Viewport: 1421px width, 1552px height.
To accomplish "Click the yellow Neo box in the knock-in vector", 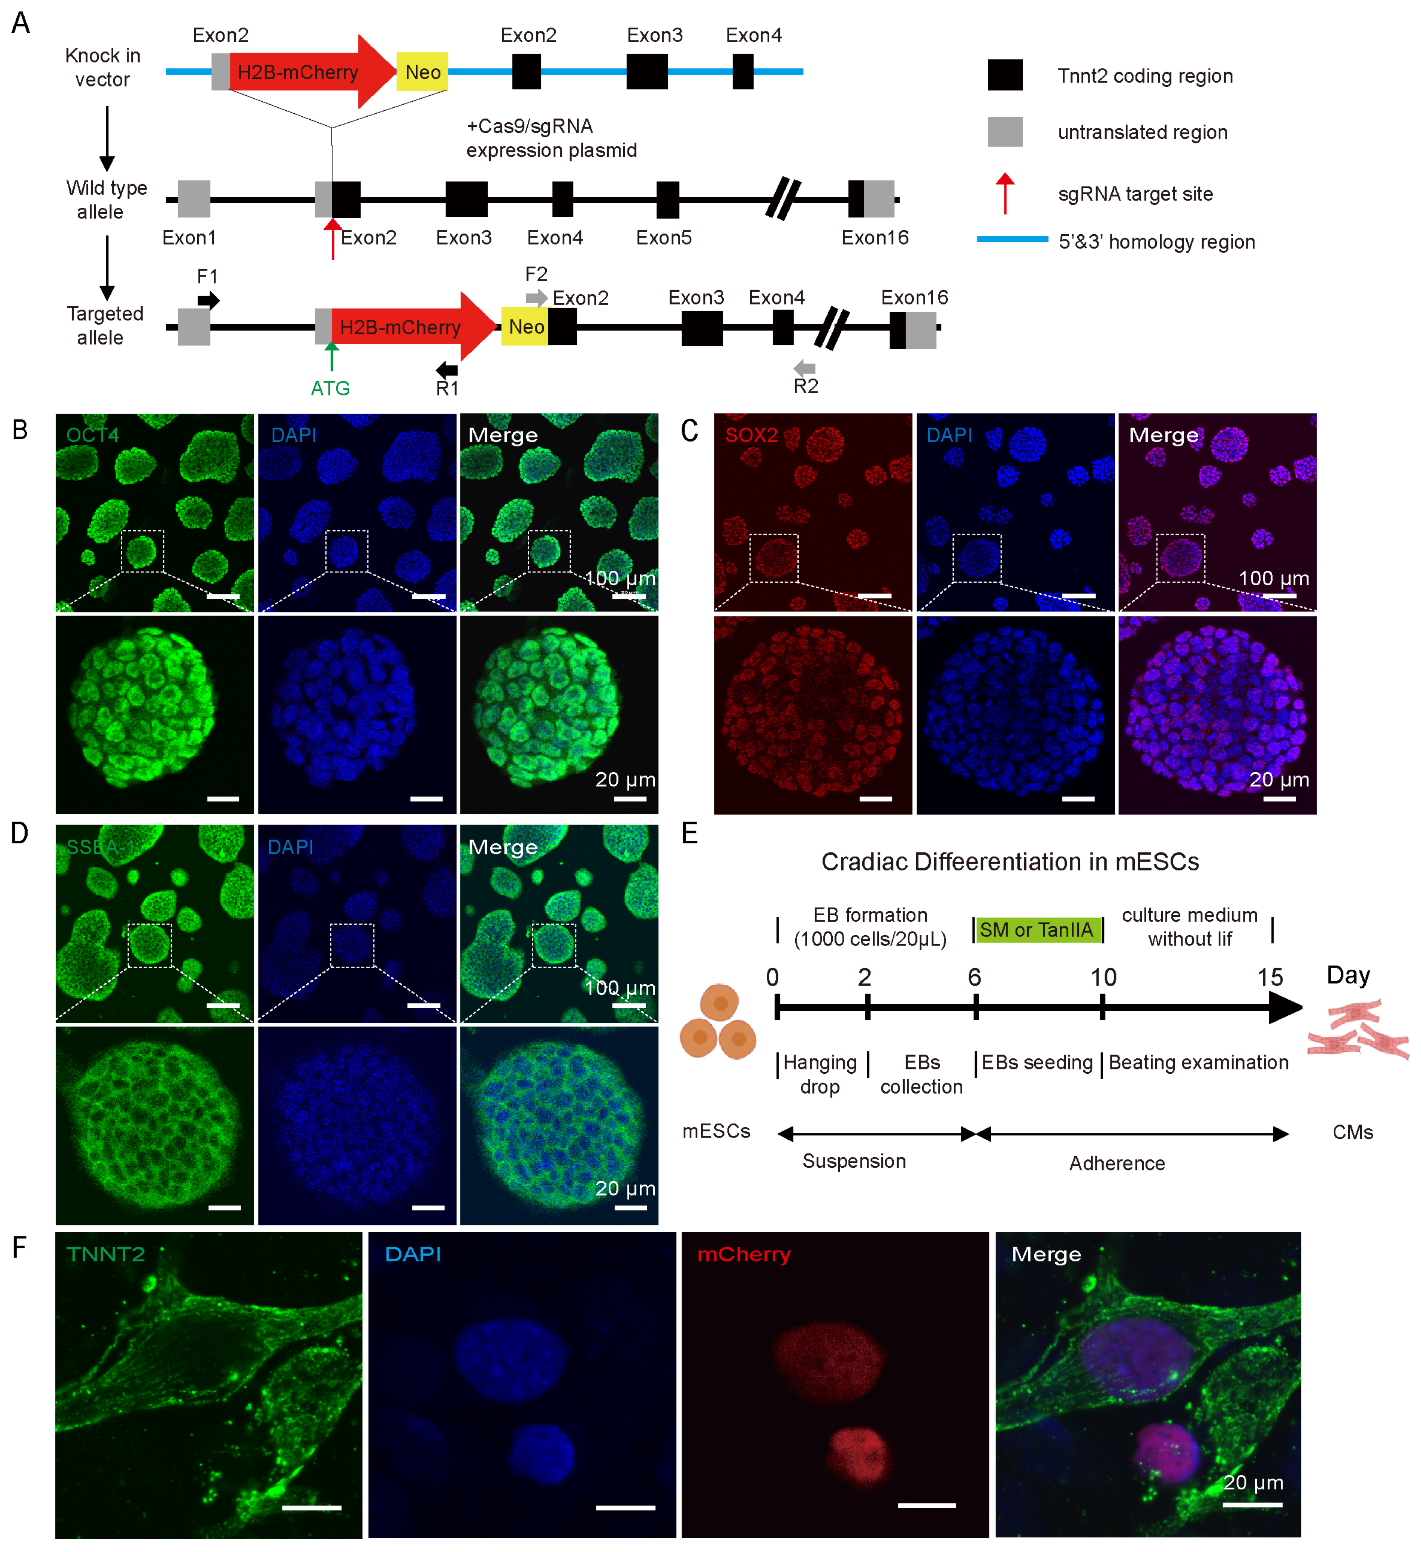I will [422, 72].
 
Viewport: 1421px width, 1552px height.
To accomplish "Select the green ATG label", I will [330, 388].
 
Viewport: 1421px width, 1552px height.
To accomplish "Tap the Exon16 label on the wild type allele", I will [874, 238].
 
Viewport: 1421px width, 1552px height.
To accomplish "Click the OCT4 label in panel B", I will [92, 435].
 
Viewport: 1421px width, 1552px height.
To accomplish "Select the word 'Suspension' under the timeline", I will [854, 1161].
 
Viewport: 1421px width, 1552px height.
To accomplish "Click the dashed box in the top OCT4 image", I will [142, 551].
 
